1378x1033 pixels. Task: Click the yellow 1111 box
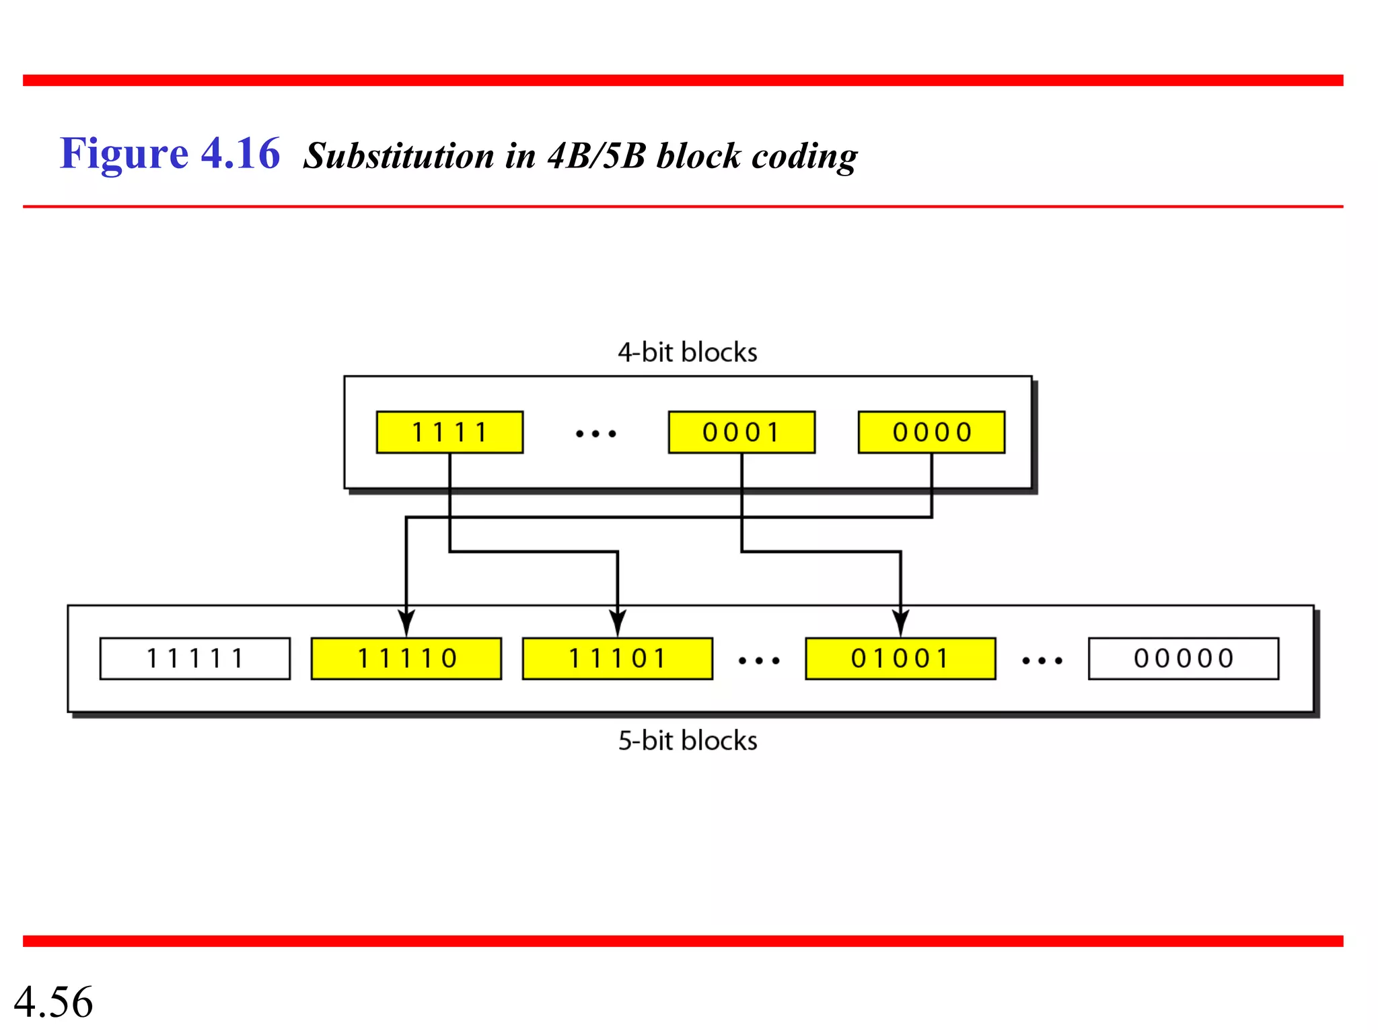[449, 432]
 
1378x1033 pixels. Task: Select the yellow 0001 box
[741, 432]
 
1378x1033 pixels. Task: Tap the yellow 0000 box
[931, 432]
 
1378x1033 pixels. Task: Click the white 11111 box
[195, 658]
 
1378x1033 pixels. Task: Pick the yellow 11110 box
[406, 658]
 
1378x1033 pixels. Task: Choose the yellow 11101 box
[617, 658]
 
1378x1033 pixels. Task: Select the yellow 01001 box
[900, 658]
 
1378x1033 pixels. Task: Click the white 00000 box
[1184, 658]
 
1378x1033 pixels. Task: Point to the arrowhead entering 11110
[406, 623]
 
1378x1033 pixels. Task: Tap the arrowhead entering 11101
[618, 623]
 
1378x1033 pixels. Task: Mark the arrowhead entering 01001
[901, 623]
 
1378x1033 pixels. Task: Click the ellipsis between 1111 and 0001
[595, 434]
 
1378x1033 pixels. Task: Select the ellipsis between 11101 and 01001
[759, 661]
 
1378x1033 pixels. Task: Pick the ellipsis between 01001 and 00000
[1042, 661]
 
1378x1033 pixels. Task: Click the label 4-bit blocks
[687, 352]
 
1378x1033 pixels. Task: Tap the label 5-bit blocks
[687, 740]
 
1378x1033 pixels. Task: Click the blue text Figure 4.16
[170, 154]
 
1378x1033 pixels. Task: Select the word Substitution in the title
[398, 156]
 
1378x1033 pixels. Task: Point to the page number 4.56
[53, 1001]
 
